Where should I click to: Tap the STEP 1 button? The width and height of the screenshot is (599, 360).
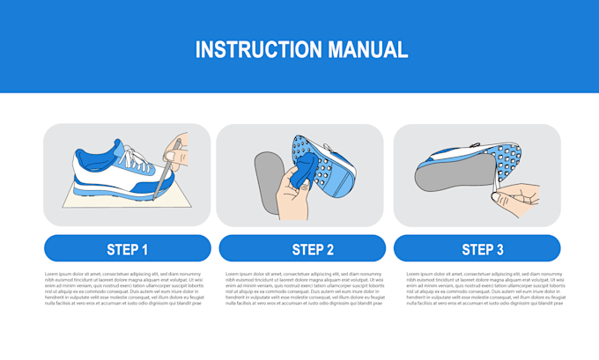[x=127, y=249]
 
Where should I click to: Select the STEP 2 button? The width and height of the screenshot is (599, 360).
[x=301, y=249]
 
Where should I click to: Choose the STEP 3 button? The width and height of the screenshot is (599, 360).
[x=477, y=249]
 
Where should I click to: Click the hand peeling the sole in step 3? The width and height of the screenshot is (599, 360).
[x=518, y=197]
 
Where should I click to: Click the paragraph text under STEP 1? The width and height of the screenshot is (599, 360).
[x=124, y=288]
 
